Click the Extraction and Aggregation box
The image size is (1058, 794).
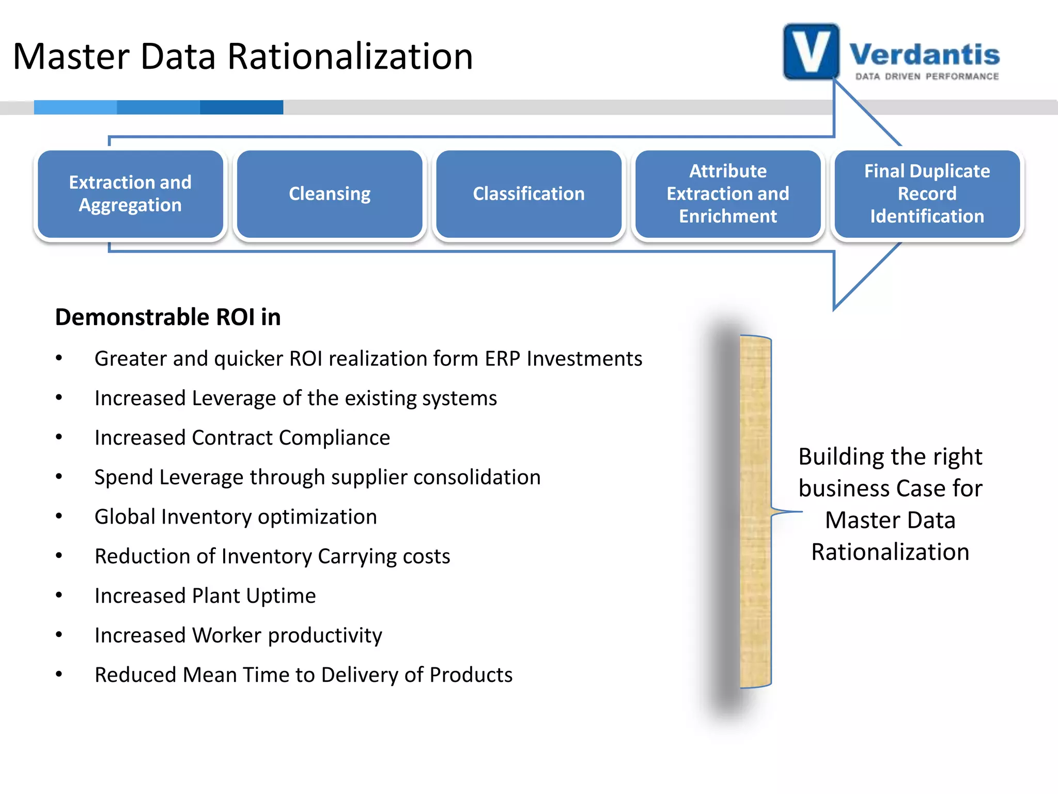[x=130, y=194]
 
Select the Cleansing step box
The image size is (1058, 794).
[x=330, y=194]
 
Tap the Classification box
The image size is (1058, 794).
[x=528, y=194]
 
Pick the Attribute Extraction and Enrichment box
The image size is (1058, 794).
[x=728, y=194]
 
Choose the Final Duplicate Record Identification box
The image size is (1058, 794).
[x=927, y=194]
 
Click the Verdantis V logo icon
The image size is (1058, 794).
[x=811, y=52]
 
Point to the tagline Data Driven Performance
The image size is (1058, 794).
[x=927, y=77]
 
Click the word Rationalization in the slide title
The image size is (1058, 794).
[x=350, y=56]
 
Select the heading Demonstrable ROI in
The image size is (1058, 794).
[x=168, y=317]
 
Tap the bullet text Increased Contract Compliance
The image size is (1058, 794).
[x=242, y=438]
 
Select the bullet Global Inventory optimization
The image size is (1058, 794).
[x=236, y=517]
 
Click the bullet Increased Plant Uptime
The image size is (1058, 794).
[x=205, y=596]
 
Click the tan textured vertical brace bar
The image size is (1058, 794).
[x=755, y=512]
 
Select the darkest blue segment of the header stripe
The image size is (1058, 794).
[x=241, y=107]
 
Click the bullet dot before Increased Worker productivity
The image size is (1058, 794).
[x=59, y=635]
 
